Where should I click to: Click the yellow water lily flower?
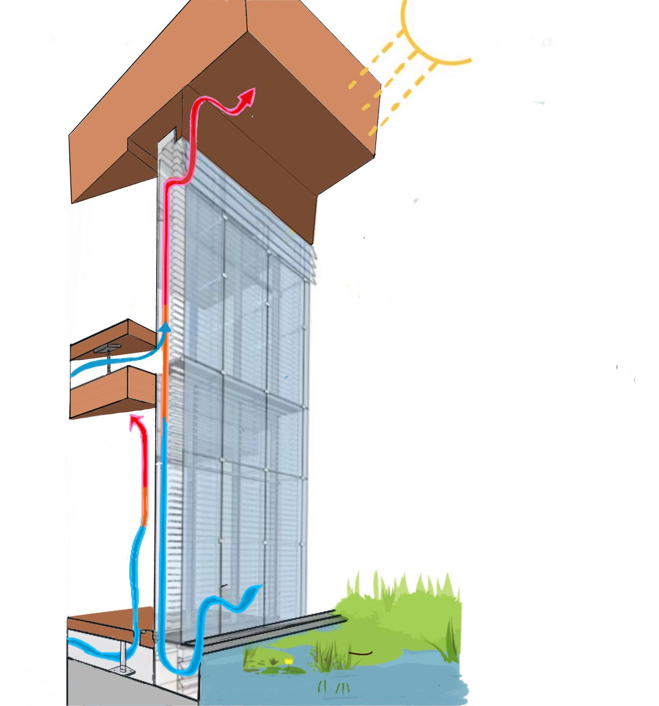coord(288,661)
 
